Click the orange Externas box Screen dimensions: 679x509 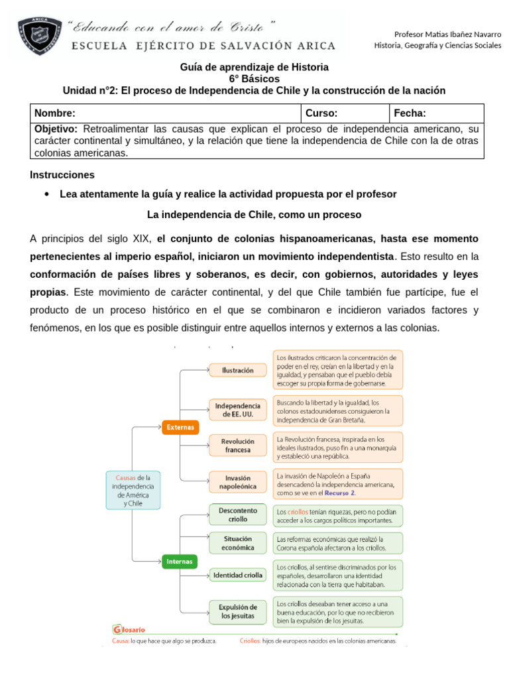pyautogui.click(x=180, y=428)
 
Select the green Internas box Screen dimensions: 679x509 pyautogui.click(x=180, y=562)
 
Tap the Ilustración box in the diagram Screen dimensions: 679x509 pyautogui.click(x=238, y=370)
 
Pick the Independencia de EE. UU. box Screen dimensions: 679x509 pyautogui.click(x=238, y=409)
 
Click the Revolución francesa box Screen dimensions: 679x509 pyautogui.click(x=238, y=445)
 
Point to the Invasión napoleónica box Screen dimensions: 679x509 pyautogui.click(x=238, y=481)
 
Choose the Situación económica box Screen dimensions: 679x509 pyautogui.click(x=238, y=543)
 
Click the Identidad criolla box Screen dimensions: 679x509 pyautogui.click(x=238, y=575)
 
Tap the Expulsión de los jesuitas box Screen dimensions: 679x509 pyautogui.click(x=238, y=611)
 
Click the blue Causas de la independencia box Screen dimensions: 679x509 pyautogui.click(x=133, y=490)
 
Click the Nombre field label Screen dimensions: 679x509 pyautogui.click(x=55, y=113)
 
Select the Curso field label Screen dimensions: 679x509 pyautogui.click(x=321, y=113)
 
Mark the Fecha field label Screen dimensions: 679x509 pyautogui.click(x=410, y=113)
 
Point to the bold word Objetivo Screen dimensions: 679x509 pyautogui.click(x=56, y=129)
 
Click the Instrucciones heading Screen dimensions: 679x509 pyautogui.click(x=62, y=175)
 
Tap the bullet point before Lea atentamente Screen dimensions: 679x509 pyautogui.click(x=46, y=194)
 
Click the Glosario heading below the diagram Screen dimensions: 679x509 pyautogui.click(x=129, y=629)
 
